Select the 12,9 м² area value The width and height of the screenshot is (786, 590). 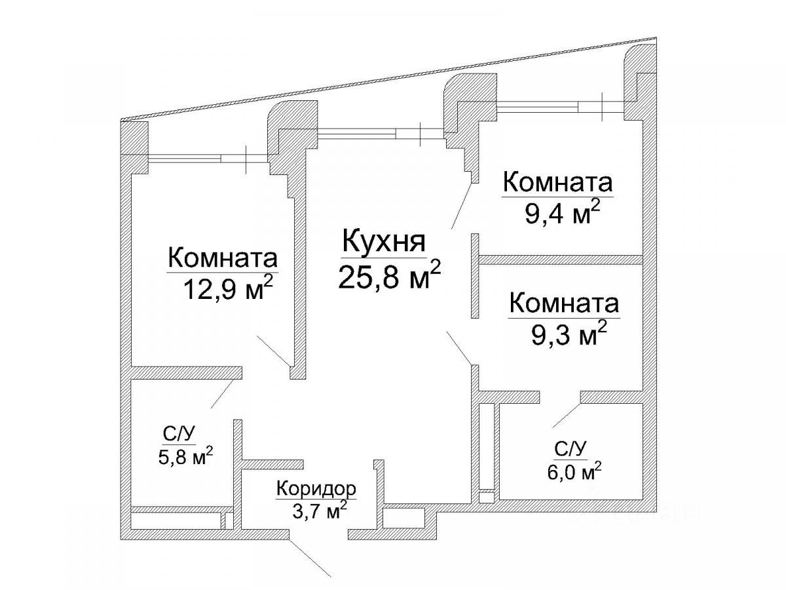pyautogui.click(x=227, y=289)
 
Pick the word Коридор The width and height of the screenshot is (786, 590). pyautogui.click(x=316, y=489)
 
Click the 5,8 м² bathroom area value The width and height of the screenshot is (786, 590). pyautogui.click(x=183, y=457)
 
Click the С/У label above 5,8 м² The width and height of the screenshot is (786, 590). pyautogui.click(x=178, y=434)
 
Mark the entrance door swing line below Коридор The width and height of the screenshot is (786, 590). pyautogui.click(x=312, y=557)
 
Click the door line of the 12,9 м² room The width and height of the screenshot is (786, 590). pyautogui.click(x=274, y=351)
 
